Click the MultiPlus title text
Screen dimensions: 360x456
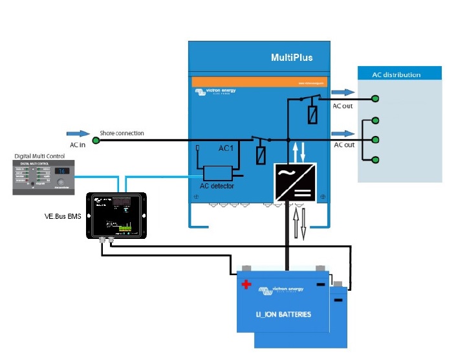coord(291,58)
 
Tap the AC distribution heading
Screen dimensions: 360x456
coord(396,75)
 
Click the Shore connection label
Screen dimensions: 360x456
coord(122,133)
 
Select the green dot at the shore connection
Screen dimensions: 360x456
coord(96,140)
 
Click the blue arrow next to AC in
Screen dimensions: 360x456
coord(78,133)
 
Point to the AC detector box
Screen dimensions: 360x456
coord(217,174)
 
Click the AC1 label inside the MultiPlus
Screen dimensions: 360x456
coord(226,149)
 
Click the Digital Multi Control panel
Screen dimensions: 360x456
coord(43,177)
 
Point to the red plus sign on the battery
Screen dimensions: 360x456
coord(246,284)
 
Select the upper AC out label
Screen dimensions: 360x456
coord(342,106)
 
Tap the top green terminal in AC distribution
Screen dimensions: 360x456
coord(375,99)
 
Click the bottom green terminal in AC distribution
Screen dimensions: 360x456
coord(375,159)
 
